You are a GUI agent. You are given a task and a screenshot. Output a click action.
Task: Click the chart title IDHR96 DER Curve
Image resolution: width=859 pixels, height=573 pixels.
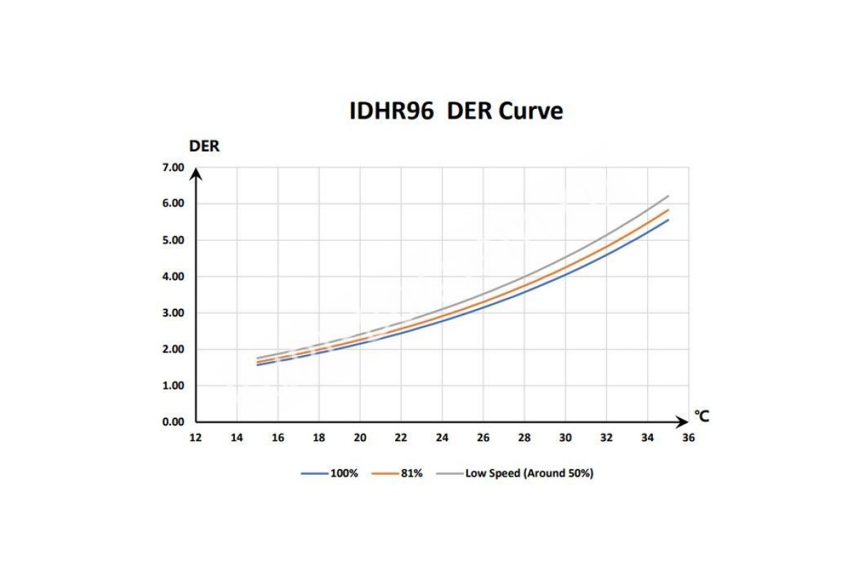click(x=456, y=111)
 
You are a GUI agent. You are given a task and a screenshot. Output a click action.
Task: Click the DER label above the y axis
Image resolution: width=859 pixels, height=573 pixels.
click(x=204, y=146)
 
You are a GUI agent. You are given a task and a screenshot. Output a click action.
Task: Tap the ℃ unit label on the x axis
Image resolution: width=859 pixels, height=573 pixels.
click(x=702, y=417)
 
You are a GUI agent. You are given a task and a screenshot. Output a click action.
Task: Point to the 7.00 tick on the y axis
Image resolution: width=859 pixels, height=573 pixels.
click(x=174, y=168)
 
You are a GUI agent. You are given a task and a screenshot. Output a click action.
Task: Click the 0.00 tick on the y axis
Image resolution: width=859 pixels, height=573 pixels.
click(x=174, y=422)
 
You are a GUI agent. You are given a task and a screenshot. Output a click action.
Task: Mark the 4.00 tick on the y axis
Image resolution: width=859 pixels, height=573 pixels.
click(x=174, y=276)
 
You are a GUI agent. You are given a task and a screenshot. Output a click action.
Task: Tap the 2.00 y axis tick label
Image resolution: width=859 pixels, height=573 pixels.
click(x=174, y=350)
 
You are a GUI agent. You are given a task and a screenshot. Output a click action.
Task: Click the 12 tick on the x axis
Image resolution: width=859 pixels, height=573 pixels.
click(x=195, y=438)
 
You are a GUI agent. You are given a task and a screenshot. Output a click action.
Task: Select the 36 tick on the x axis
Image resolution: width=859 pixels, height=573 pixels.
click(x=688, y=438)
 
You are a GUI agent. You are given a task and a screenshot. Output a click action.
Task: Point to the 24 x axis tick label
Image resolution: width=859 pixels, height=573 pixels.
click(x=442, y=438)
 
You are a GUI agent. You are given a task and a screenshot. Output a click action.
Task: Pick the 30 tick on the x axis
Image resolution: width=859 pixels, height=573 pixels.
click(x=565, y=438)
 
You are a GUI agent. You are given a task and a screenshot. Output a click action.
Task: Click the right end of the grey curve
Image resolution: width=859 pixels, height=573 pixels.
click(x=668, y=196)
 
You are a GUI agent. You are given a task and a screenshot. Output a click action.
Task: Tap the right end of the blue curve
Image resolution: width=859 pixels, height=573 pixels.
click(x=668, y=220)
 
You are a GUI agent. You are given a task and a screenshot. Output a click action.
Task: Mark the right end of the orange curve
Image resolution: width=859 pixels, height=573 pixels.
click(x=668, y=210)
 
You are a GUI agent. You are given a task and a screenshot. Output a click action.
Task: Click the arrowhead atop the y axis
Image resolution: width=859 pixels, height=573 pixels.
click(x=197, y=172)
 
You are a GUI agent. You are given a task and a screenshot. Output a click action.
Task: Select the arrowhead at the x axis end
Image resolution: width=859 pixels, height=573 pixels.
click(x=684, y=422)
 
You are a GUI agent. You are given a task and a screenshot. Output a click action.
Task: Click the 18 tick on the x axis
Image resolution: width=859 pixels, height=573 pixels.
click(x=319, y=438)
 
